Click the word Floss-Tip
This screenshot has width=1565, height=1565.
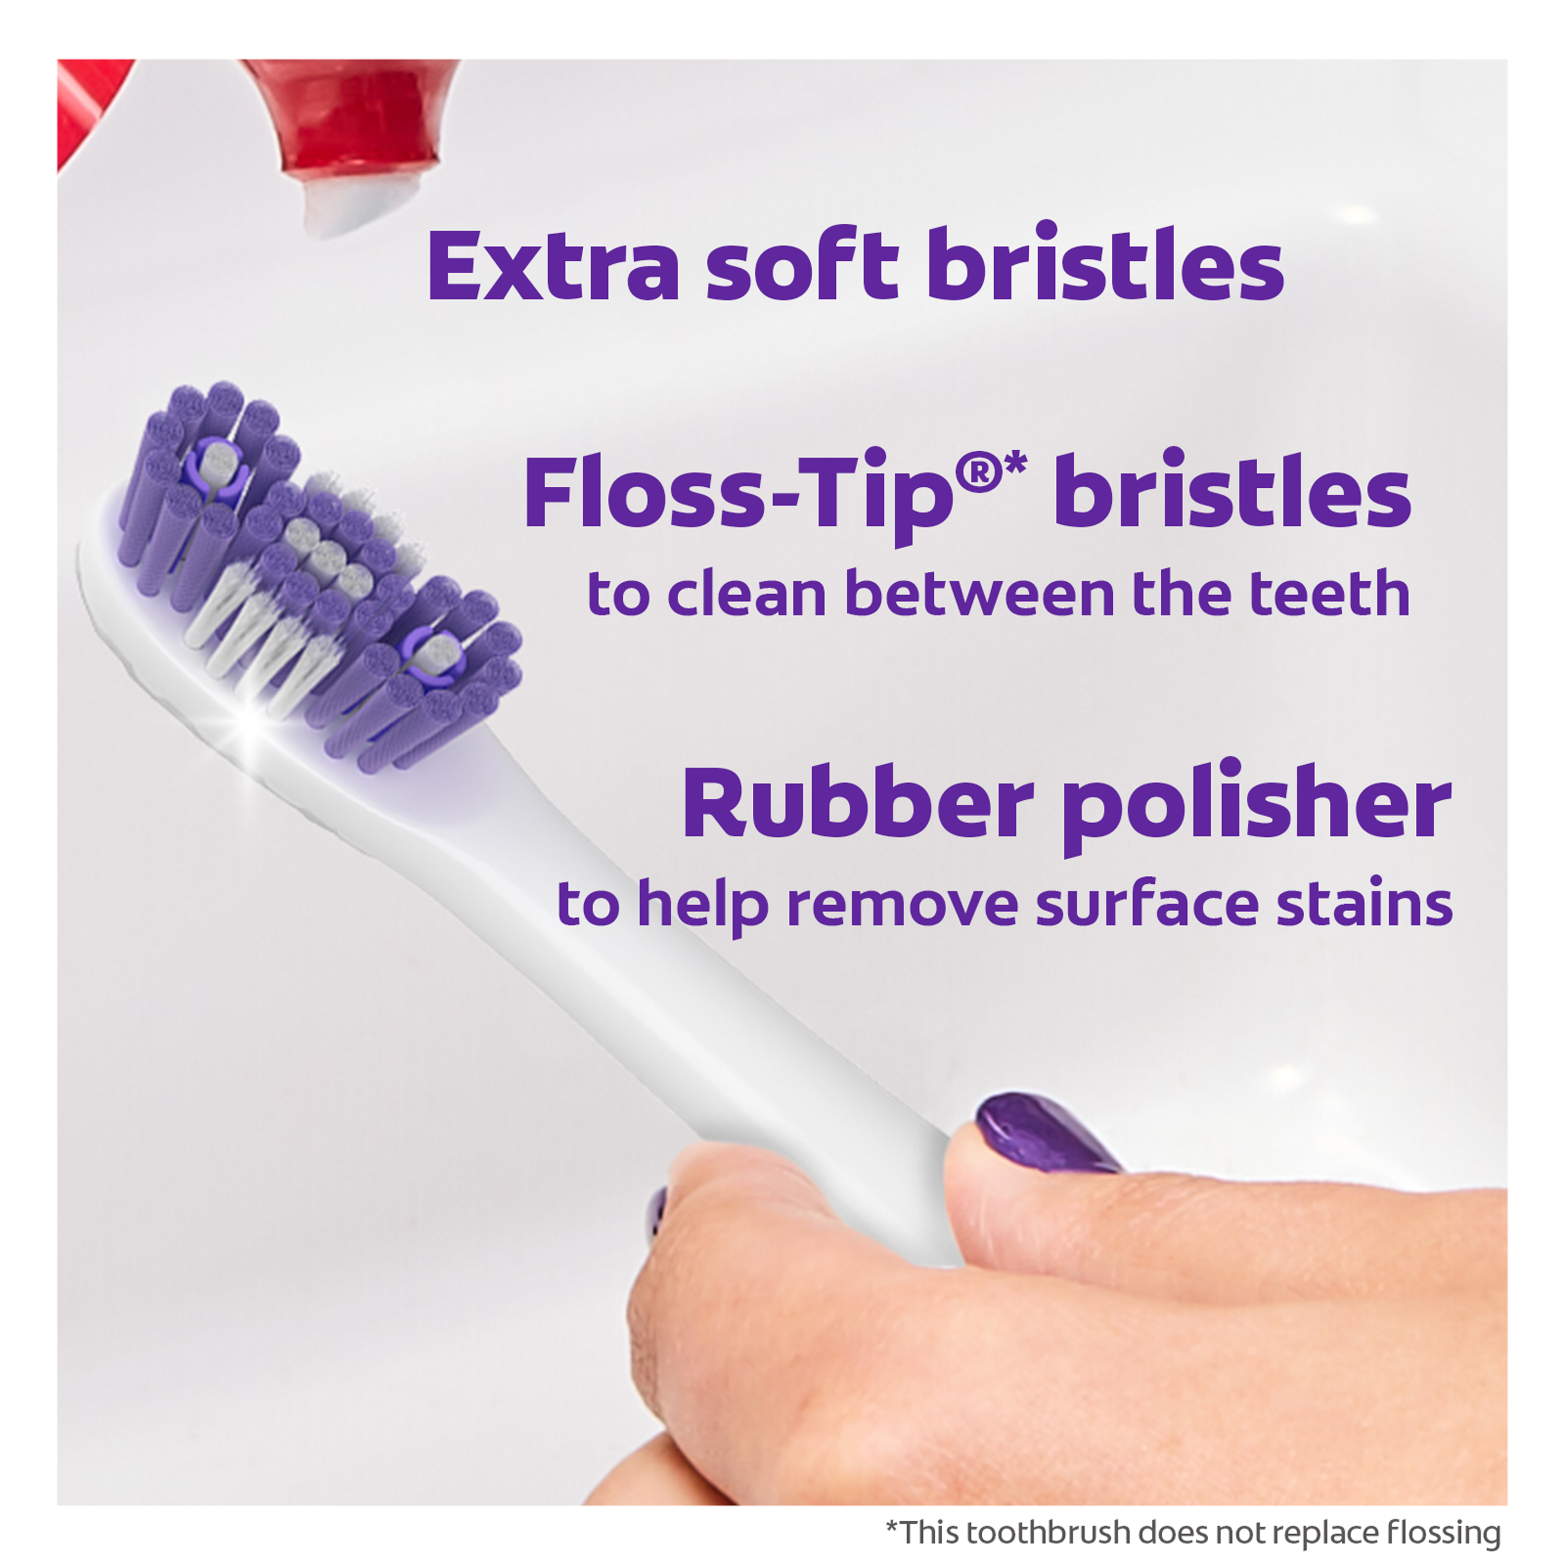[738, 493]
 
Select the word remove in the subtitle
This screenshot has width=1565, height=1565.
[902, 907]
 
